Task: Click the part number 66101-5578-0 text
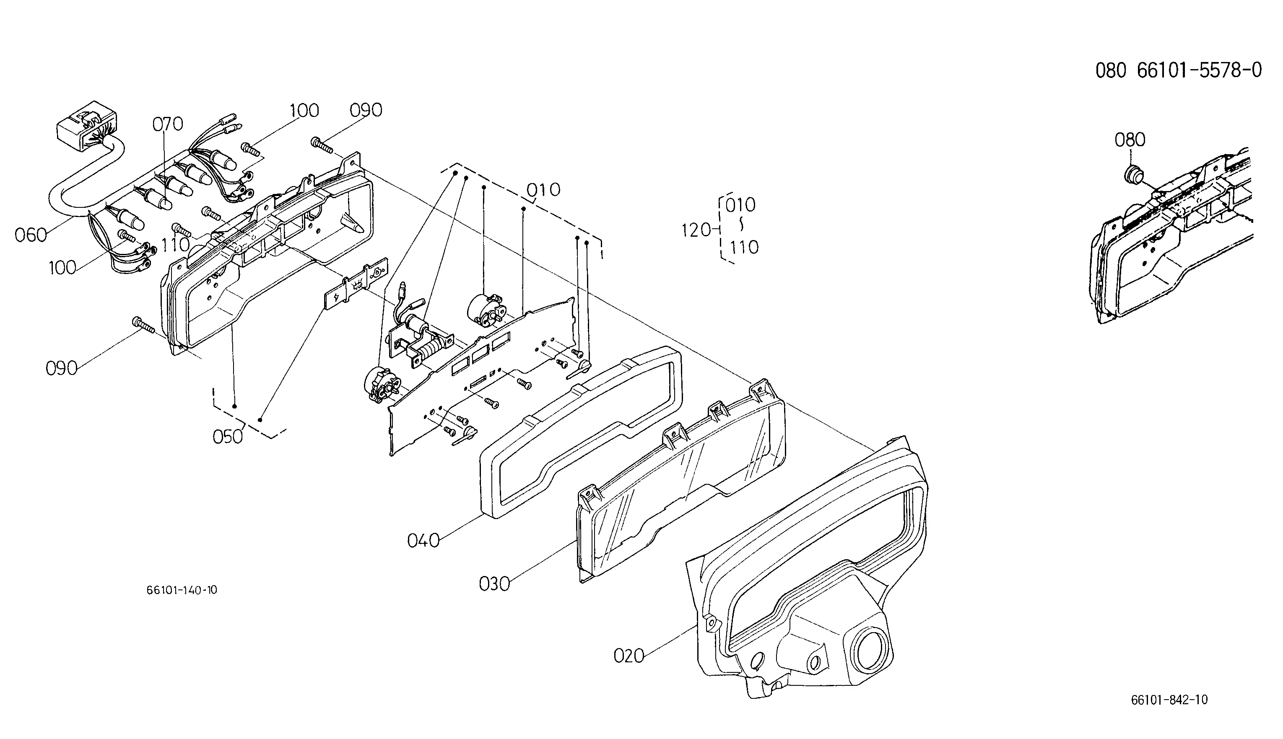[1199, 70]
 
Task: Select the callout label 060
[31, 235]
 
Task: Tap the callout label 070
[168, 124]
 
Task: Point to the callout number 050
[228, 437]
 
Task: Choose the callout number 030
[494, 584]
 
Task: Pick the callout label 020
[629, 656]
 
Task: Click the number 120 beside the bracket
[696, 230]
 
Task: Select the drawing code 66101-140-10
[182, 590]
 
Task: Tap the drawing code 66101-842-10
[1169, 700]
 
